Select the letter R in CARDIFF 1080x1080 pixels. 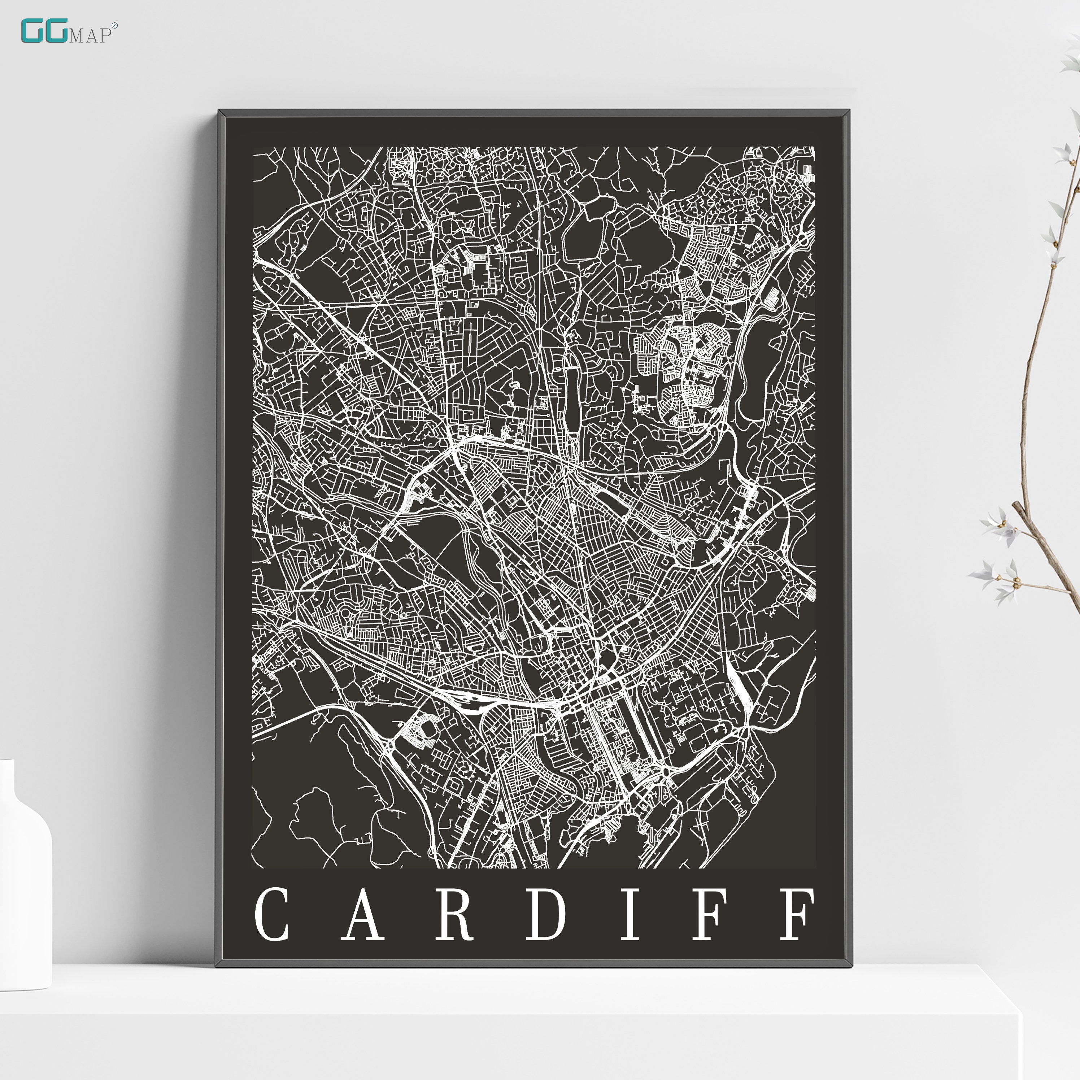tap(454, 915)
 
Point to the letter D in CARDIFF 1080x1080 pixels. tap(545, 915)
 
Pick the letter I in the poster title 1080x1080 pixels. tap(630, 915)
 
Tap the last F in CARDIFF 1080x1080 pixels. tap(797, 915)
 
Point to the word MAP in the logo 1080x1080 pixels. tap(90, 36)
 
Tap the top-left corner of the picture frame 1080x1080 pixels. tap(219, 111)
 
